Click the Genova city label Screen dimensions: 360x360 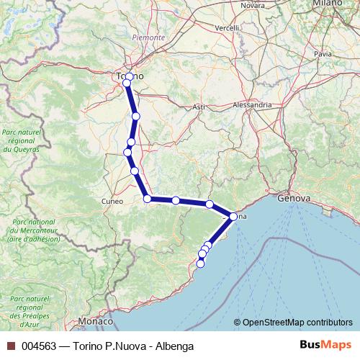coord(293,197)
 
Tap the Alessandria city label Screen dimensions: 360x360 coord(252,104)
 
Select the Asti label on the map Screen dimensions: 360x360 coord(199,107)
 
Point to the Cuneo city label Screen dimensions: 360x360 coord(112,201)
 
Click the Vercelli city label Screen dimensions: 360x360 coord(228,28)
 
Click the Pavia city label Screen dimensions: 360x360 coord(323,53)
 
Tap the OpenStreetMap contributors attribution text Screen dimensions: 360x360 coord(294,323)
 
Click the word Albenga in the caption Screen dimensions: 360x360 coord(174,346)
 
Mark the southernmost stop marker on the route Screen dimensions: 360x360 coord(200,264)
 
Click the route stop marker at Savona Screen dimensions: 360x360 coord(233,216)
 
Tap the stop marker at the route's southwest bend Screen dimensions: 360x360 coord(147,199)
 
